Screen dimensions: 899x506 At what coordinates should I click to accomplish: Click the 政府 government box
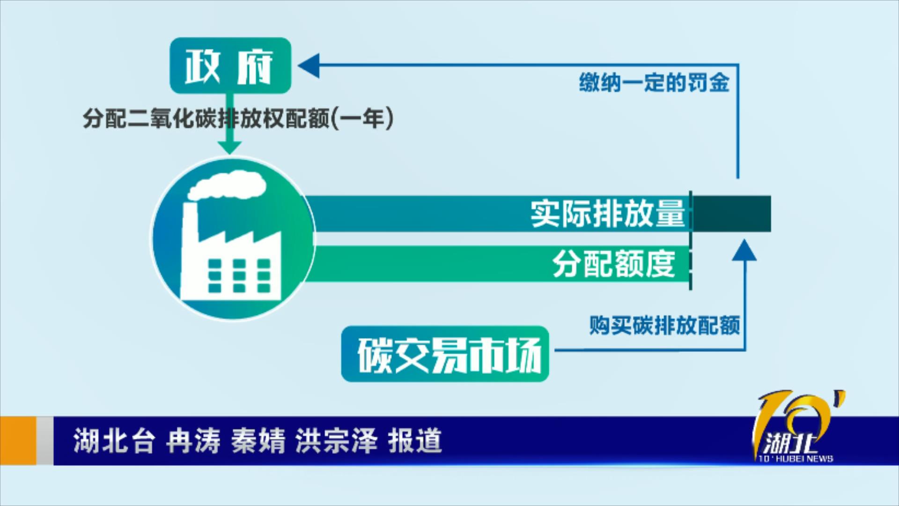(x=230, y=65)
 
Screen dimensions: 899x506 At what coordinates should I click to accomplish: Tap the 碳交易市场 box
(x=445, y=354)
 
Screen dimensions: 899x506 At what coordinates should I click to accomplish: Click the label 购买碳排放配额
(x=664, y=325)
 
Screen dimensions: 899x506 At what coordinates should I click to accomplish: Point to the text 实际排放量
(x=607, y=214)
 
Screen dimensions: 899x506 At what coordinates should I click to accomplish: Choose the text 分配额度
(x=614, y=264)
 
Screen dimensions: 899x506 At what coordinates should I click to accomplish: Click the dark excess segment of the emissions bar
(x=732, y=214)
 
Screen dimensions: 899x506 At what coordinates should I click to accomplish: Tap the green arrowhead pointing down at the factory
(x=230, y=147)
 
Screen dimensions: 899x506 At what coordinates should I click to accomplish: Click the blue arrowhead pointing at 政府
(x=308, y=65)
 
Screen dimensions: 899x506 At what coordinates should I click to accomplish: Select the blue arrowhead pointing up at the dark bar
(x=744, y=250)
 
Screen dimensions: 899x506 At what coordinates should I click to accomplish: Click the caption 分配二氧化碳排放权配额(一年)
(x=238, y=119)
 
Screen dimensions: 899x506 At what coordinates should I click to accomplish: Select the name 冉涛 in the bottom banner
(x=193, y=441)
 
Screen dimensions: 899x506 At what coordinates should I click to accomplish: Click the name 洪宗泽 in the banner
(x=336, y=441)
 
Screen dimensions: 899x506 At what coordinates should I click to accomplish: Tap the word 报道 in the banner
(x=415, y=441)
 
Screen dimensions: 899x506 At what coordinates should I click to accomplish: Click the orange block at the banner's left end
(x=18, y=441)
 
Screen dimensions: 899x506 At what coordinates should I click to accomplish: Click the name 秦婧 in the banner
(x=258, y=441)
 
